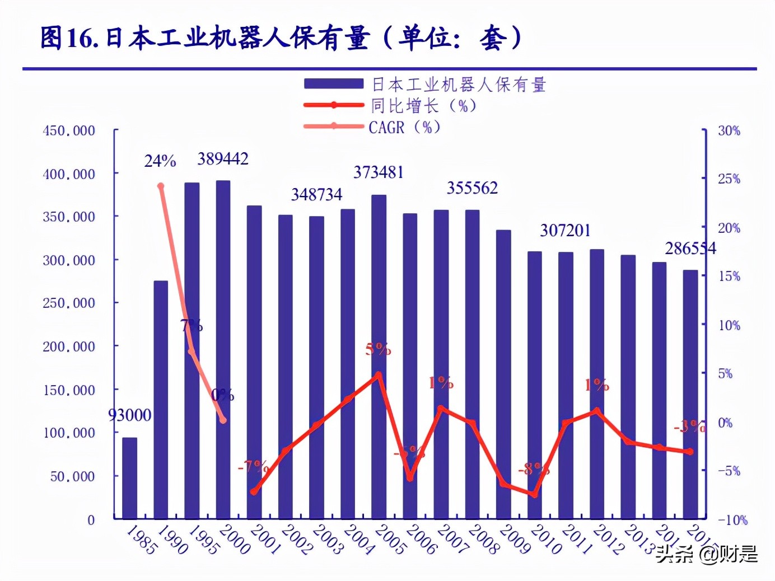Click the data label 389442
[x=223, y=159]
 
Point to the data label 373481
[x=379, y=172]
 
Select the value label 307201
[x=565, y=231]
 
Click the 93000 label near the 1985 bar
[x=129, y=415]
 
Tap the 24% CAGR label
[x=160, y=161]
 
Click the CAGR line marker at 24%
[x=161, y=186]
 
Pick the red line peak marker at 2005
[x=379, y=374]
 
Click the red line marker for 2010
[x=535, y=495]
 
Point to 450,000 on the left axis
[x=69, y=131]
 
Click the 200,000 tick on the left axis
[x=69, y=347]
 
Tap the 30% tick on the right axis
[x=729, y=131]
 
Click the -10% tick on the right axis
[x=732, y=520]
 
